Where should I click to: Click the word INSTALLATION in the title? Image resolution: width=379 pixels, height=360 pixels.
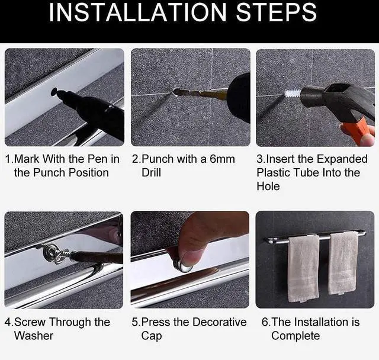pos(138,12)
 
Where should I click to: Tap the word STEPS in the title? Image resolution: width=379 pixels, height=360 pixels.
pos(276,12)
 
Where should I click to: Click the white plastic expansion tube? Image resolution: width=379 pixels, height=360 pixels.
pos(293,94)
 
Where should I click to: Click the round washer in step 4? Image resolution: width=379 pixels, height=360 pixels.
pos(51,253)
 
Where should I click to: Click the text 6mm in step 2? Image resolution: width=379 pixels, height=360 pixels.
pos(223,159)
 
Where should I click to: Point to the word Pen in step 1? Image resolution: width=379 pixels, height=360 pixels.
pos(98,159)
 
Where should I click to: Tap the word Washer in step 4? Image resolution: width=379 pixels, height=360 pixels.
pos(34,336)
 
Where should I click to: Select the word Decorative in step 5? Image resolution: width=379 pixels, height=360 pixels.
pos(220,322)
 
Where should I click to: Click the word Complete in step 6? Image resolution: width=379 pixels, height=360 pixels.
pos(296,336)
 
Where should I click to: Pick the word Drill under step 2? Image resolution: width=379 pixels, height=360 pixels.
pos(152,173)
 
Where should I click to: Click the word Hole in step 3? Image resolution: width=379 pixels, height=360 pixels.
pos(268,187)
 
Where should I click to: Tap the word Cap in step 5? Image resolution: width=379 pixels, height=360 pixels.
pos(152,336)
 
